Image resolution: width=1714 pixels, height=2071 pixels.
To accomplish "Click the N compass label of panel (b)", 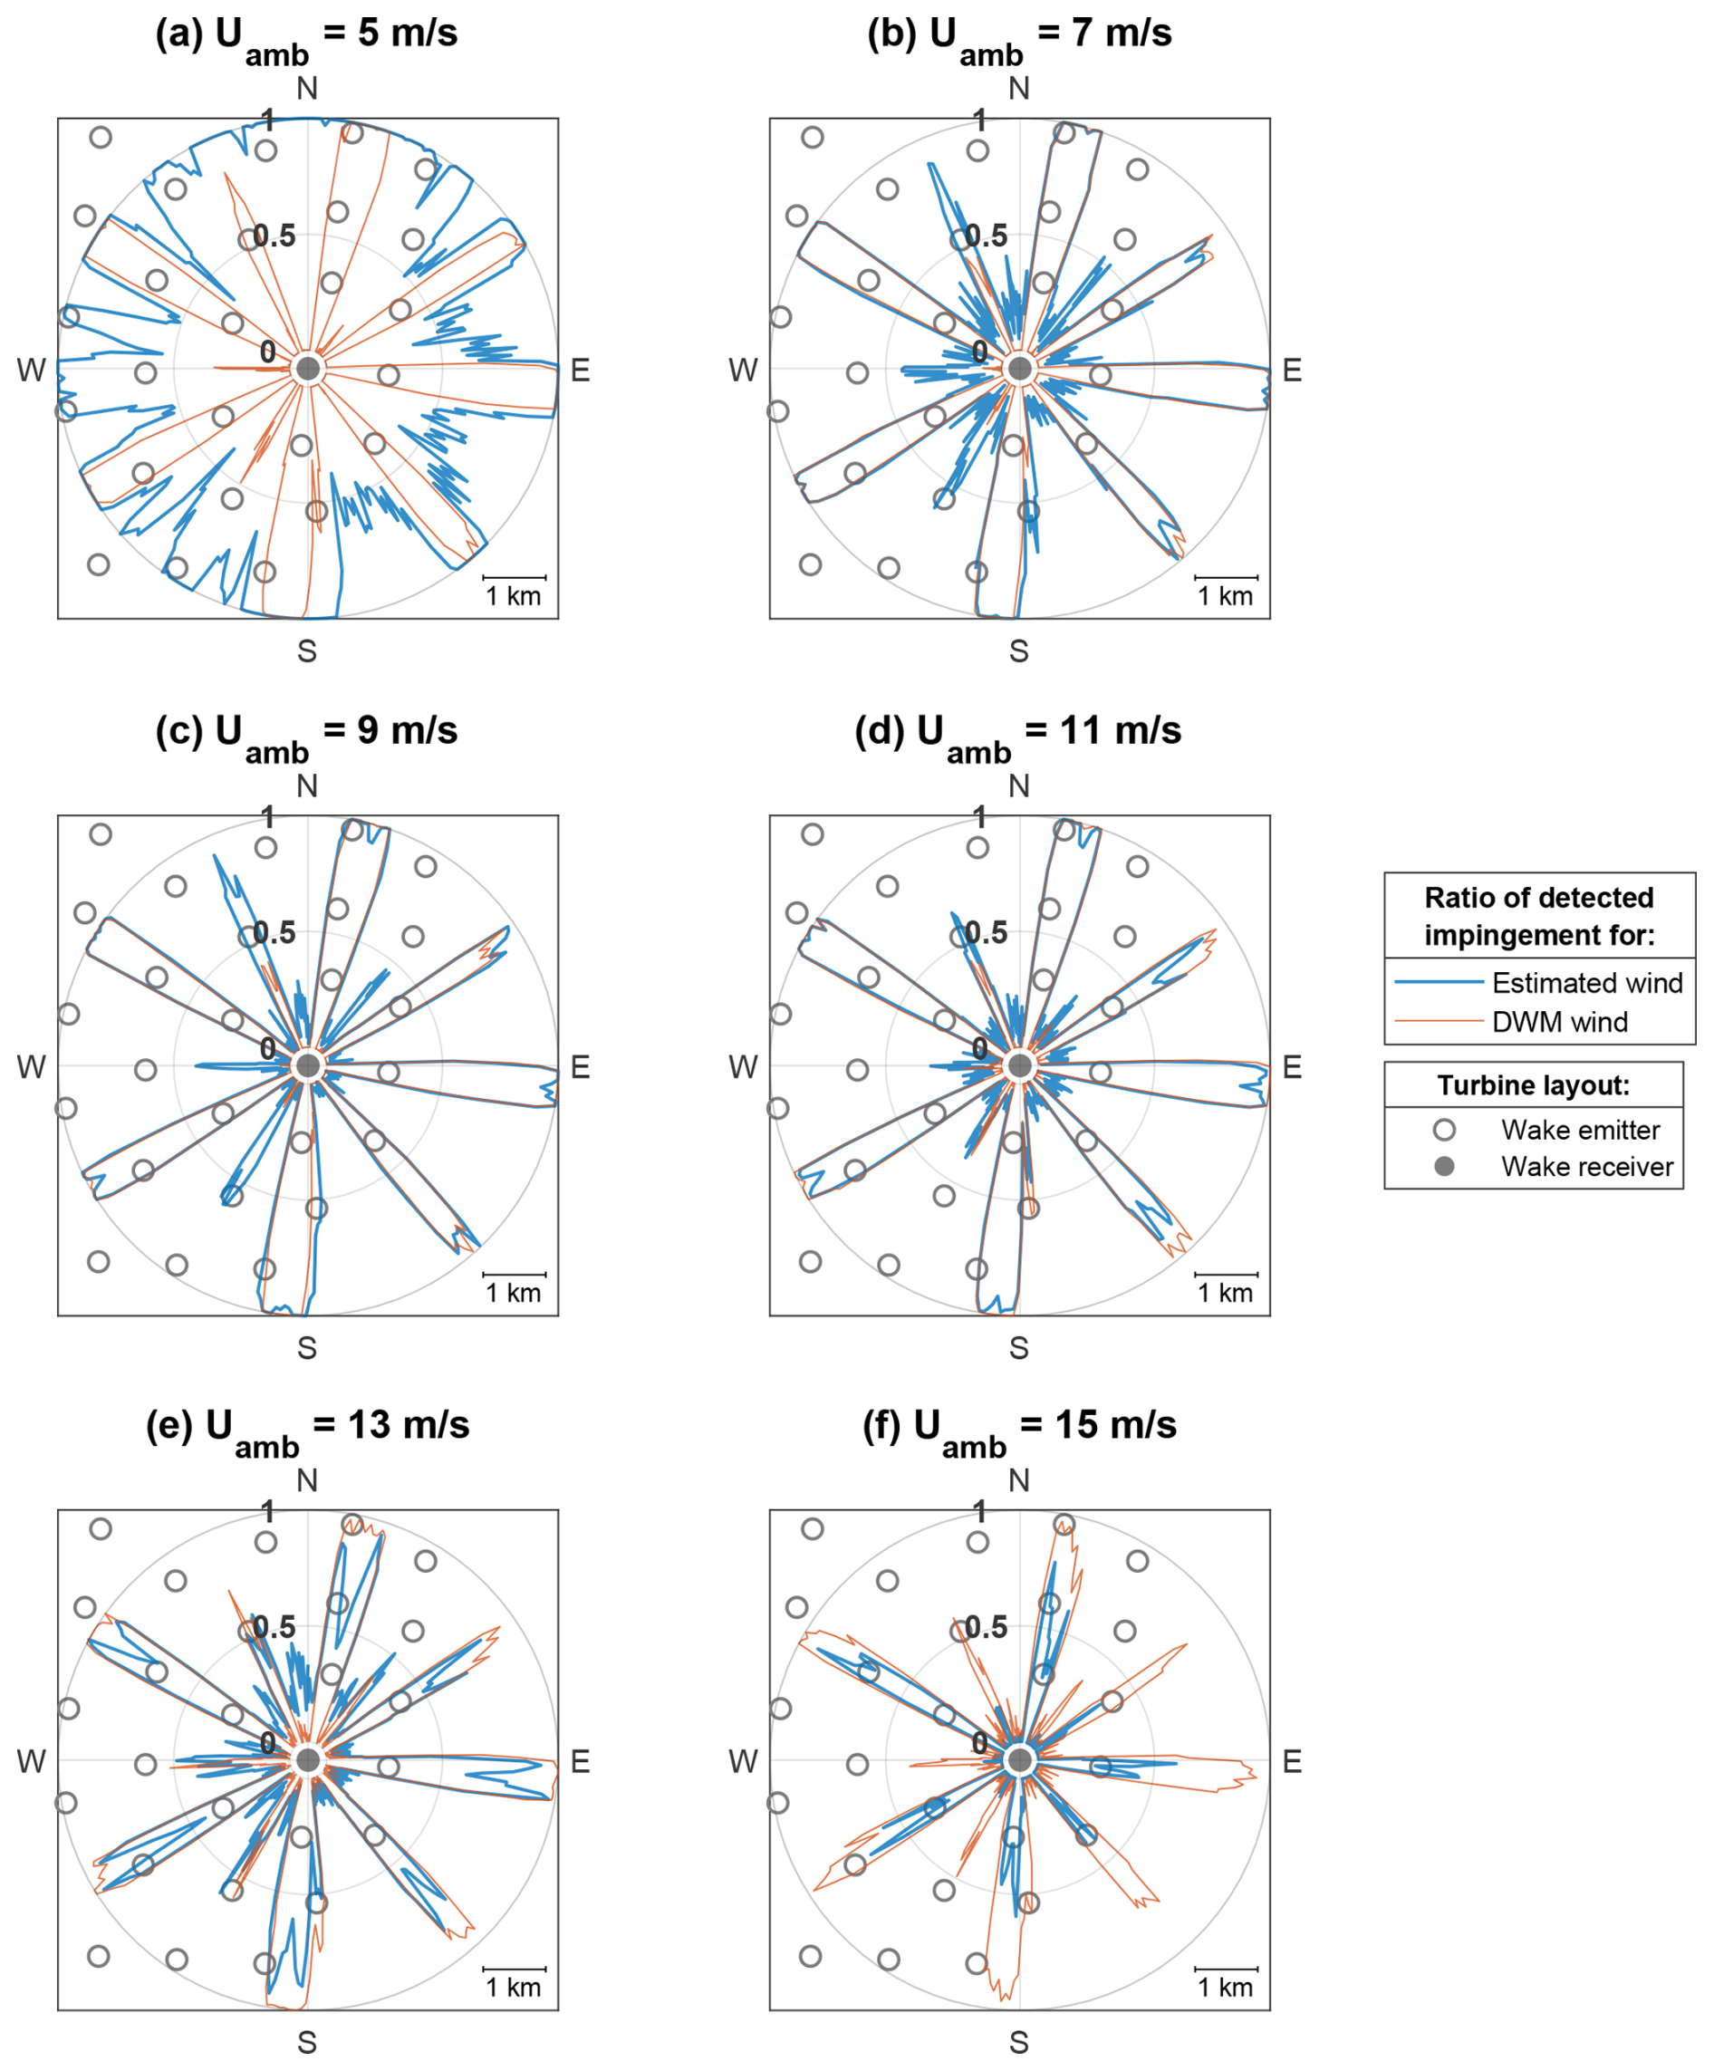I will click(1019, 89).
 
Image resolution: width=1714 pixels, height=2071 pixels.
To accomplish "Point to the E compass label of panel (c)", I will click(580, 1067).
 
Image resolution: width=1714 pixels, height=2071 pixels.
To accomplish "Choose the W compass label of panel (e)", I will click(31, 1761).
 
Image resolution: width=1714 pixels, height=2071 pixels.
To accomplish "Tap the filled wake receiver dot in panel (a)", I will click(308, 370).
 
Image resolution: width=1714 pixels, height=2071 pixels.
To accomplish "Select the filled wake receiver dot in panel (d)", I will click(1020, 1066).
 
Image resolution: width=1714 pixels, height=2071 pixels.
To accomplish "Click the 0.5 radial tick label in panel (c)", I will click(274, 932).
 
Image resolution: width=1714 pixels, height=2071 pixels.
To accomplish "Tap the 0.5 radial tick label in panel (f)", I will click(987, 1627).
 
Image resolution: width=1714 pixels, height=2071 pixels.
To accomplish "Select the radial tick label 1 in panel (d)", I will click(979, 816).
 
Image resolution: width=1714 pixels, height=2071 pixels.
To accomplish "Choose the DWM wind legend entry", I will click(1559, 1022).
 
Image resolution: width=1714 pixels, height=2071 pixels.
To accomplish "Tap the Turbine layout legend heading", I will click(1533, 1086).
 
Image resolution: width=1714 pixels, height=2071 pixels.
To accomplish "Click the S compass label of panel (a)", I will click(307, 650).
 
